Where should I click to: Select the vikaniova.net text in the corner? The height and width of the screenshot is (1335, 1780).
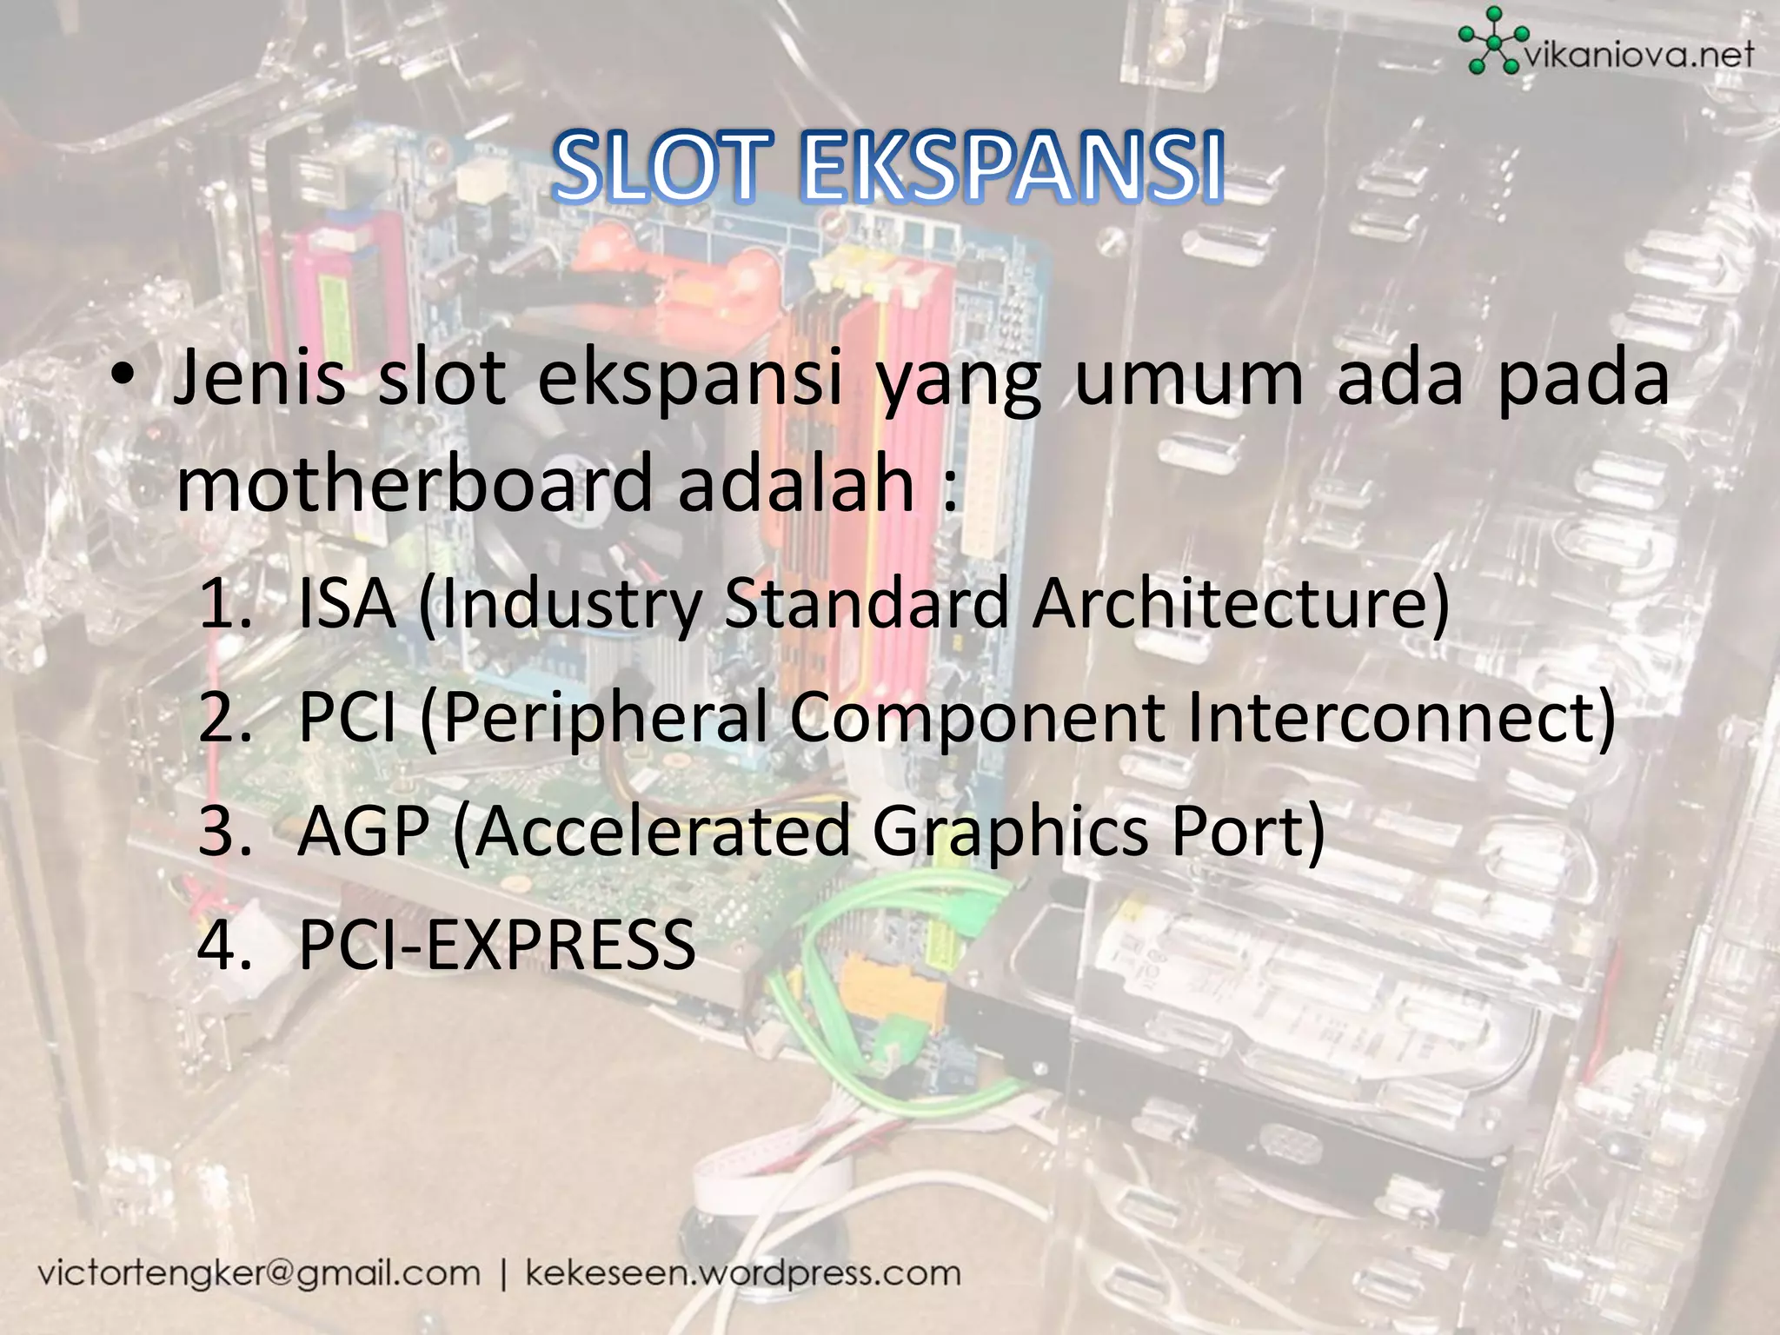[x=1639, y=56]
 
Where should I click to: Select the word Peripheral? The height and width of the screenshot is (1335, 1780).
[x=607, y=718]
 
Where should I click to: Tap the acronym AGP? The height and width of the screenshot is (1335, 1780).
[x=363, y=831]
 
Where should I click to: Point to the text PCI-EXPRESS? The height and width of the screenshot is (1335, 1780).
[x=496, y=945]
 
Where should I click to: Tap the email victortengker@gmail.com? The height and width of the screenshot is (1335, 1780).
[x=258, y=1274]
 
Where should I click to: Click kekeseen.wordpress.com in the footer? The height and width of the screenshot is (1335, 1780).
[x=743, y=1274]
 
